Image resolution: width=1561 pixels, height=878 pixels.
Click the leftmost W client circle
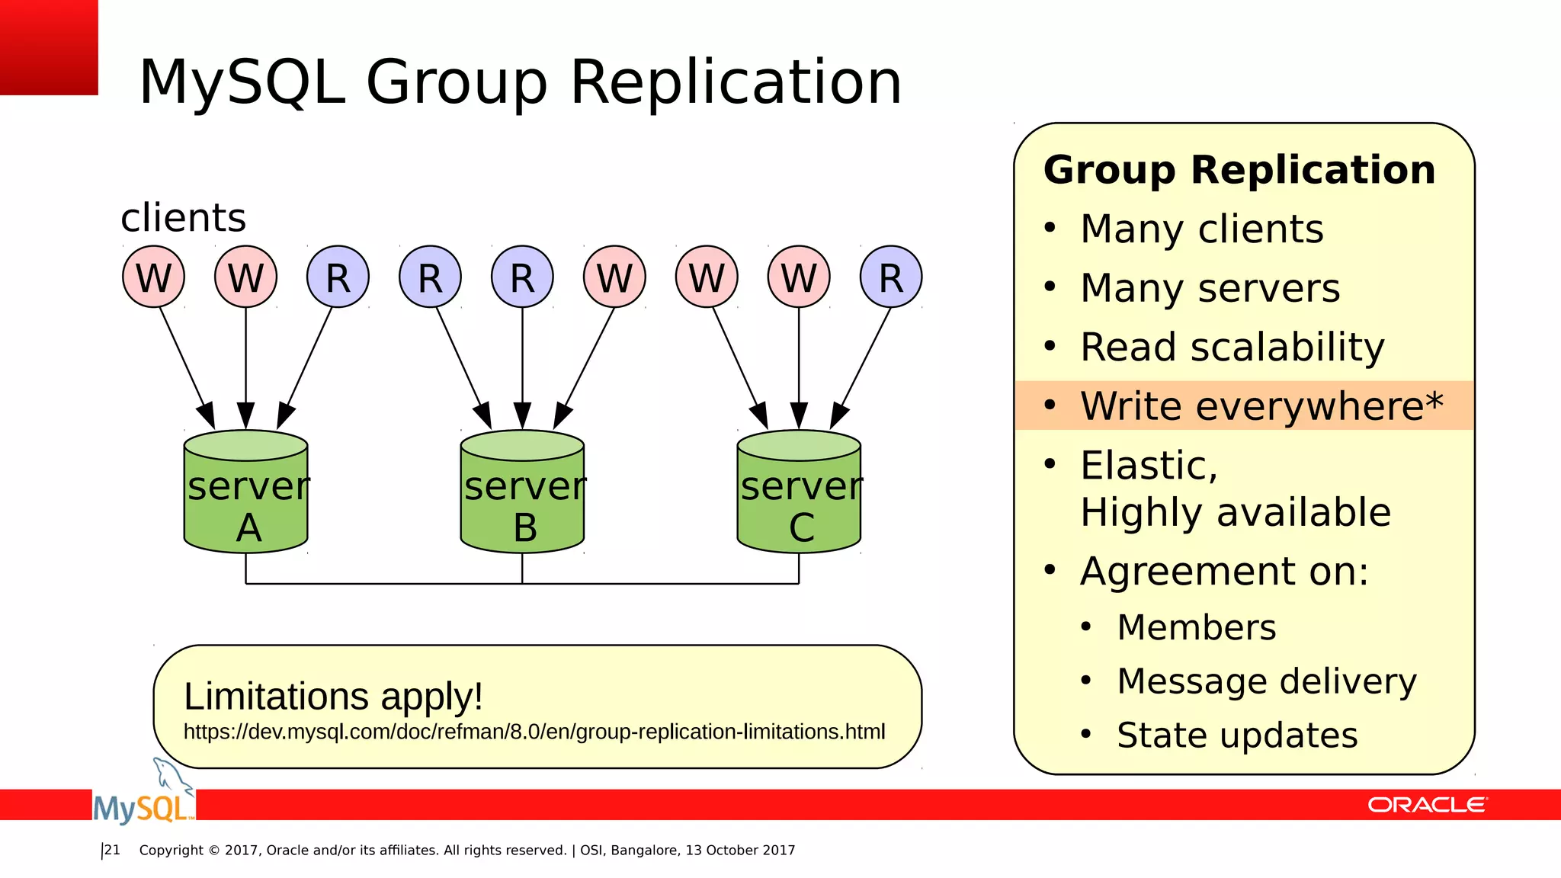tap(154, 277)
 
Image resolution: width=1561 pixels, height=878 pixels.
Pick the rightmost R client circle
tap(891, 277)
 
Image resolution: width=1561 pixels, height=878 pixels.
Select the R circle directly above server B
tap(523, 277)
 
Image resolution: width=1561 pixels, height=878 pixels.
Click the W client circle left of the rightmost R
tap(799, 277)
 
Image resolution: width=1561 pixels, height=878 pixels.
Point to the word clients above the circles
tap(184, 218)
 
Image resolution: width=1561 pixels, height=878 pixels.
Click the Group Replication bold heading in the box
tap(1239, 170)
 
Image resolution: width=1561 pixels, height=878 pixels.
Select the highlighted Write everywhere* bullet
tap(1261, 406)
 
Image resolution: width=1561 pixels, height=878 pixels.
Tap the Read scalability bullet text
tap(1232, 348)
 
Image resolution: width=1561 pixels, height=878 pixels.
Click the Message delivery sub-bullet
tap(1266, 681)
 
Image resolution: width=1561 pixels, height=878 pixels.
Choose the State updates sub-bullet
tap(1236, 735)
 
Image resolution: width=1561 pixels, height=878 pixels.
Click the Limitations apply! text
tap(333, 697)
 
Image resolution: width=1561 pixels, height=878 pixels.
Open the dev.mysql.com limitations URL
tap(534, 732)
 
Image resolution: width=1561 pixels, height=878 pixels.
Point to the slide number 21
tap(112, 851)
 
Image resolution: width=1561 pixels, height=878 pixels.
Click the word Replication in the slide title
tap(736, 82)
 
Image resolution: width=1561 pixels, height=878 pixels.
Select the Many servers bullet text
tap(1210, 289)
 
